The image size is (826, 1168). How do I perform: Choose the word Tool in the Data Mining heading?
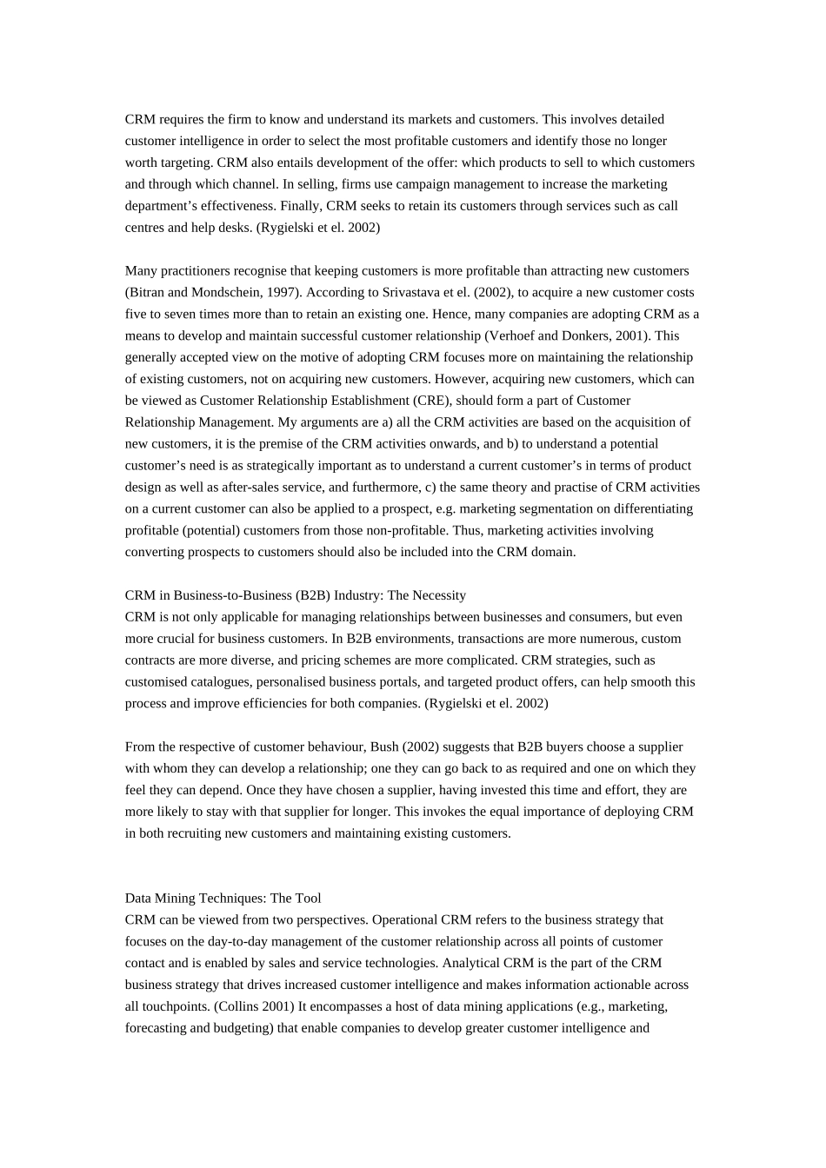click(x=308, y=899)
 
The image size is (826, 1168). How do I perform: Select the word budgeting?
click(x=242, y=1028)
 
